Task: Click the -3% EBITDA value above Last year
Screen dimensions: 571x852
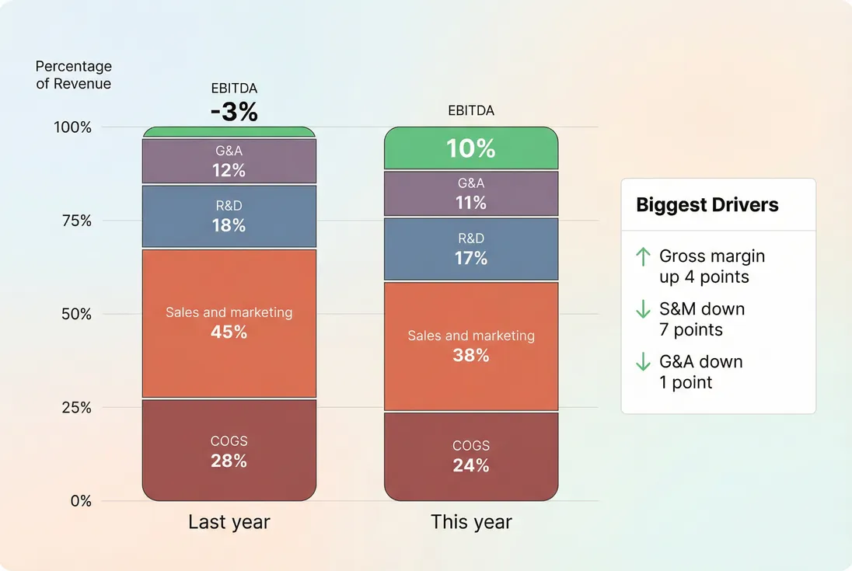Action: tap(233, 112)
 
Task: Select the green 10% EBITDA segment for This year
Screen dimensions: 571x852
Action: tap(471, 148)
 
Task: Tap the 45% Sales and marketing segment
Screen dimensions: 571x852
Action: tap(229, 323)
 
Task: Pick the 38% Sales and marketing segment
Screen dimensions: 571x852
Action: tap(471, 346)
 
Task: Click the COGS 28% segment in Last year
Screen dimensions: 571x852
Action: tap(229, 451)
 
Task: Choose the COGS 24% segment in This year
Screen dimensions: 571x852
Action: tap(471, 456)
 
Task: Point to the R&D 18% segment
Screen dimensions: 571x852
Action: tap(229, 217)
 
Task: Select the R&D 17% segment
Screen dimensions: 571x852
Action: tap(471, 249)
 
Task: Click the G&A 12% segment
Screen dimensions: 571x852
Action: tap(229, 161)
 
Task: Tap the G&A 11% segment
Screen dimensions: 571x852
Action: tap(471, 193)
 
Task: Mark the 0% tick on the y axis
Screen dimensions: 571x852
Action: tap(81, 501)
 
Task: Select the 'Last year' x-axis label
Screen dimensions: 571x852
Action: tap(229, 522)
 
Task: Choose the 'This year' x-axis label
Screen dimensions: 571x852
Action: tap(471, 522)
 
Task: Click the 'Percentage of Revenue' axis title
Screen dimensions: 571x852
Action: tap(74, 75)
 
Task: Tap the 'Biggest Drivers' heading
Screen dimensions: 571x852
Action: tap(707, 205)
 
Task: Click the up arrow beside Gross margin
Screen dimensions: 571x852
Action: tap(643, 257)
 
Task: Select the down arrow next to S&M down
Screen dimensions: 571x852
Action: tap(643, 309)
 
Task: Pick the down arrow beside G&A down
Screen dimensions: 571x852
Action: tap(643, 362)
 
